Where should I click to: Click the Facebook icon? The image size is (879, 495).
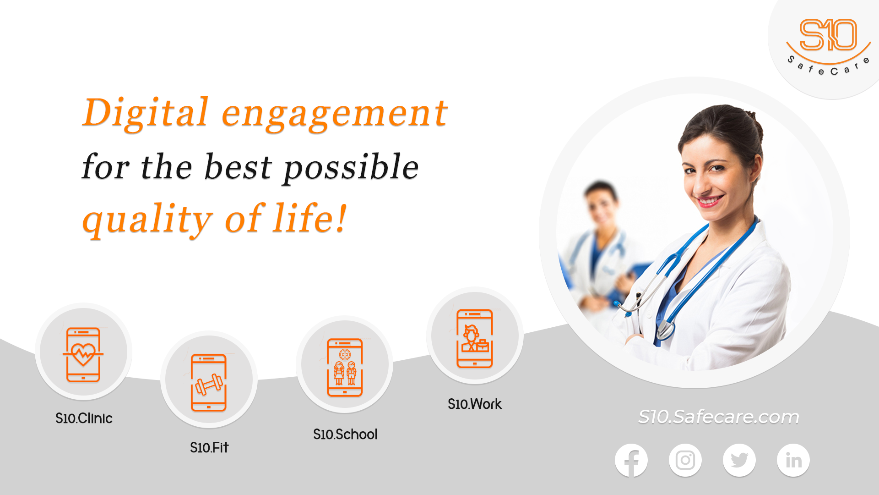coord(631,460)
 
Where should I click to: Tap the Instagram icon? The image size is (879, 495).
coord(685,460)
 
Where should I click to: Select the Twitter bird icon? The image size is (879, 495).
coord(739,460)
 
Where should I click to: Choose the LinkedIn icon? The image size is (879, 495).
coord(793,460)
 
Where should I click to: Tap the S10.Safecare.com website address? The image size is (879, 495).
coord(718,417)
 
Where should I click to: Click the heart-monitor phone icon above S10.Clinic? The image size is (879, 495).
coord(83,354)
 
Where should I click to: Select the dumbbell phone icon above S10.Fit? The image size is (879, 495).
coord(209,383)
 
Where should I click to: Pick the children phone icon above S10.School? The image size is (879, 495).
coord(345,367)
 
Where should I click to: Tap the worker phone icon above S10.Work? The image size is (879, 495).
coord(475,338)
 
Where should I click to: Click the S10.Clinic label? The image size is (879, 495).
coord(84,418)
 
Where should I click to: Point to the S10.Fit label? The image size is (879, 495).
coord(209,447)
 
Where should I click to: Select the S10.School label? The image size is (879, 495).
coord(345,434)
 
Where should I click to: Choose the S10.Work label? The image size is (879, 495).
coord(475,404)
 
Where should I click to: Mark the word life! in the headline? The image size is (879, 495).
coord(310,218)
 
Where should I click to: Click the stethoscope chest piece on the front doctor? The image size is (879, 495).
coord(665,330)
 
